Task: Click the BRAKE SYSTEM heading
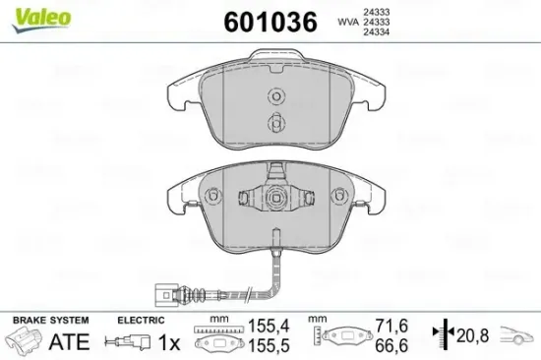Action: pos(49,321)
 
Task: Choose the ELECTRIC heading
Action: pos(139,321)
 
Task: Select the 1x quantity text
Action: pos(170,341)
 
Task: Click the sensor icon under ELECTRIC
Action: pos(128,341)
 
